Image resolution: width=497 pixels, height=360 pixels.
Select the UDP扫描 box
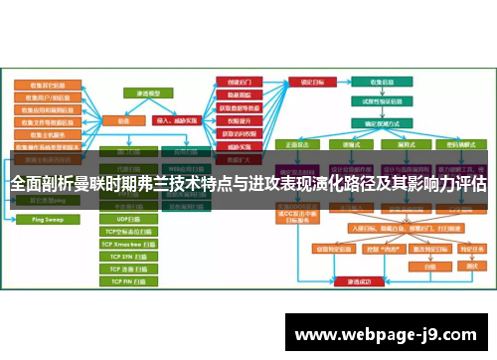tap(129, 218)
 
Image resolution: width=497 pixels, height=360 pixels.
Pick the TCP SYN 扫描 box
tap(130, 255)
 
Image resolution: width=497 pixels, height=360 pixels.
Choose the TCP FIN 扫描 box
tap(130, 280)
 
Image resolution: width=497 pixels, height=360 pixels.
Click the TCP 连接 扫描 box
tap(130, 268)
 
